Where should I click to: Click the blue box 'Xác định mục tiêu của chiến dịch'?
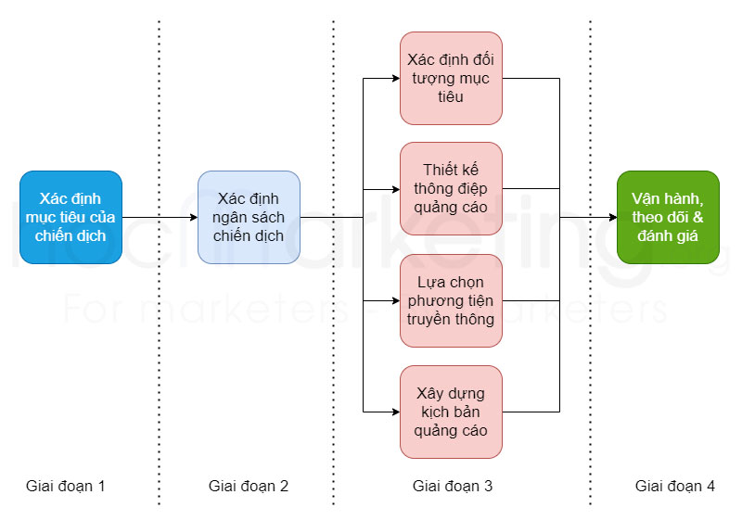(x=71, y=217)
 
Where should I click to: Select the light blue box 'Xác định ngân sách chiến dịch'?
(x=249, y=217)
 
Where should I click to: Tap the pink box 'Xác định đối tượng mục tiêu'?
(x=451, y=78)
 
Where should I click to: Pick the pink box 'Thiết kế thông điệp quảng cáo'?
(x=451, y=188)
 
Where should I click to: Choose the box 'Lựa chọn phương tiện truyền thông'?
(x=451, y=300)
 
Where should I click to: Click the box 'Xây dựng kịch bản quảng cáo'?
(x=451, y=412)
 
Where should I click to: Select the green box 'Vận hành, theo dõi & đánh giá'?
(x=668, y=217)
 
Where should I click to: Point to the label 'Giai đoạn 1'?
(x=66, y=486)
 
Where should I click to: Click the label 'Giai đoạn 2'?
(x=249, y=486)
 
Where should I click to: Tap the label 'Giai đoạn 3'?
(x=453, y=486)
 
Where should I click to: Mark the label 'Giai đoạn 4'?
(x=675, y=486)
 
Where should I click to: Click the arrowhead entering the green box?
(x=612, y=217)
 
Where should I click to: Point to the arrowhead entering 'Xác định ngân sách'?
(x=192, y=217)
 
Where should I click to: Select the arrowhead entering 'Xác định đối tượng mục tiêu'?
(x=394, y=78)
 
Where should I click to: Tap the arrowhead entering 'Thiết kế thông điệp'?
(x=394, y=189)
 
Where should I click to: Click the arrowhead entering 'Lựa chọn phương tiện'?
(x=394, y=300)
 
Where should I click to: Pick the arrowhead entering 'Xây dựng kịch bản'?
(x=394, y=412)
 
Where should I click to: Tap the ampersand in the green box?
(x=698, y=218)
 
